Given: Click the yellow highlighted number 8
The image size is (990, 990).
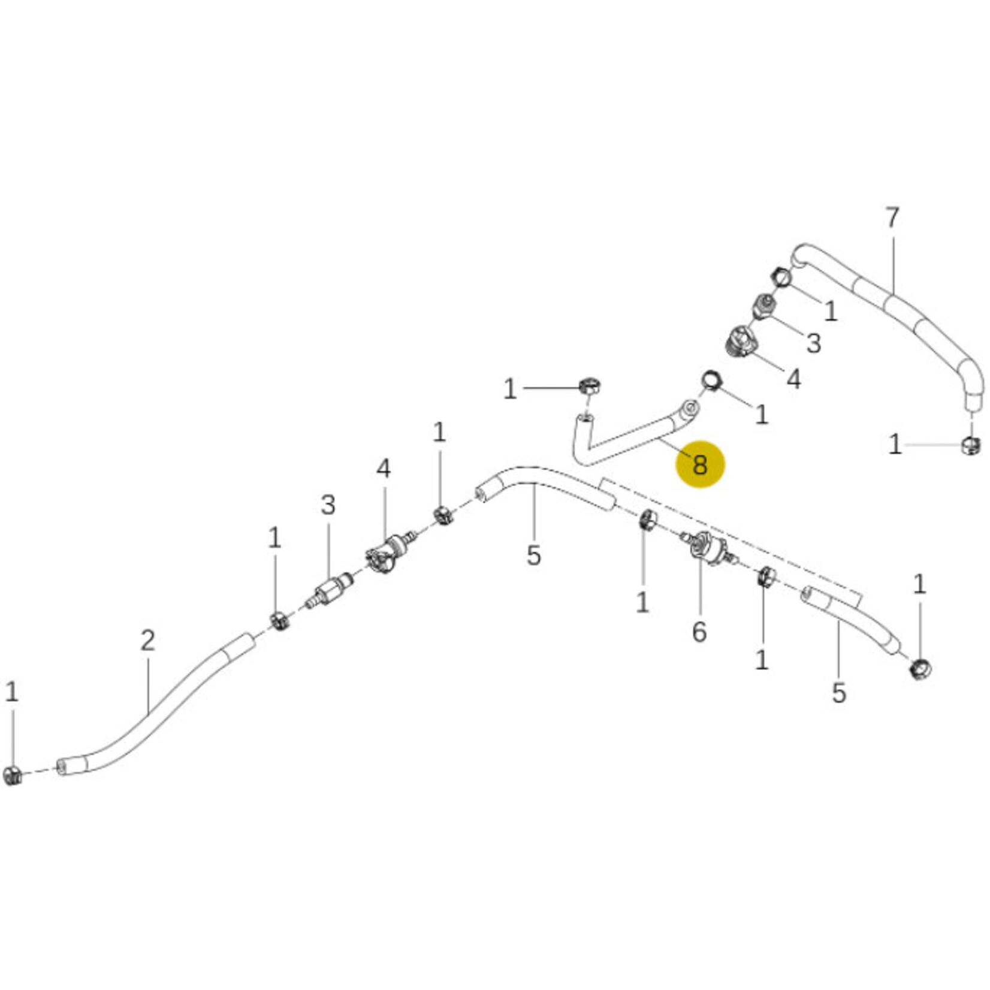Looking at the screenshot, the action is (700, 464).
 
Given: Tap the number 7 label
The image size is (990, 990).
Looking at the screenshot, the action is (892, 218).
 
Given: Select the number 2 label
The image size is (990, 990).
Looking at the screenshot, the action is (148, 641).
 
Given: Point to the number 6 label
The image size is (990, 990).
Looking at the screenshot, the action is (699, 632).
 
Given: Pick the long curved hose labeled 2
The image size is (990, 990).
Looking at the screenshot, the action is (156, 707).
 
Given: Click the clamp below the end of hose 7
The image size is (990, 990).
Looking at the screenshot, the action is (971, 446).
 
